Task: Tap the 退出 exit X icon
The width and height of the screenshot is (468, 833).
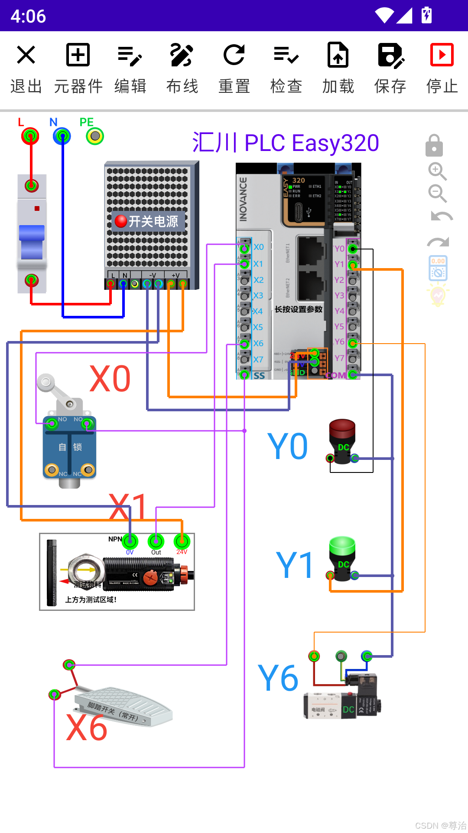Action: [x=26, y=55]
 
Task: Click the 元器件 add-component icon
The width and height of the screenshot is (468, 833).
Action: [x=78, y=55]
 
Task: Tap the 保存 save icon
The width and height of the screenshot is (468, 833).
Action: [x=390, y=55]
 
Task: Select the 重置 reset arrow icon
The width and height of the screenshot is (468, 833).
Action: [x=234, y=55]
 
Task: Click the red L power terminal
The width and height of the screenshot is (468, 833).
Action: [x=30, y=136]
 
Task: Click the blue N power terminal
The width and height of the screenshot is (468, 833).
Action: [x=62, y=136]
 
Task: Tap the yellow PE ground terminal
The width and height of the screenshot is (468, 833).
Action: [x=95, y=136]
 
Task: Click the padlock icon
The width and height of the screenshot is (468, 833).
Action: [x=434, y=146]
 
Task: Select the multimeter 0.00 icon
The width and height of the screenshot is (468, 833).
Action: [x=438, y=268]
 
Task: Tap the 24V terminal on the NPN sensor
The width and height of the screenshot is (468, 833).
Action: [x=182, y=541]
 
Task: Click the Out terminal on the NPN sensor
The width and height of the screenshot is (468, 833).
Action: [x=156, y=541]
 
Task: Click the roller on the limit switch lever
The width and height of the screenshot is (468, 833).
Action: [x=45, y=382]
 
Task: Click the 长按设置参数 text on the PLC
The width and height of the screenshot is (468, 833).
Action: [x=299, y=309]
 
